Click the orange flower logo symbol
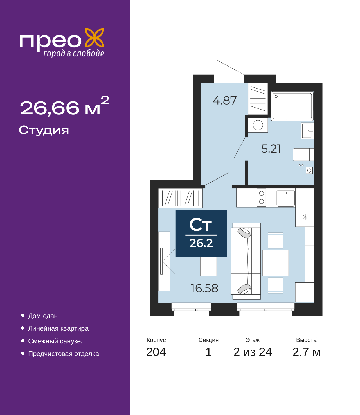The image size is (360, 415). pos(94,38)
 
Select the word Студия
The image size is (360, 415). pos(44,130)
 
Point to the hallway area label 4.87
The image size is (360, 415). pos(224,101)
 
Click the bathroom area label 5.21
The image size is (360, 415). pos(271,149)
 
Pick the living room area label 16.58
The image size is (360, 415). pos(204,288)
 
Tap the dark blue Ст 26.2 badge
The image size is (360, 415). pos(201,233)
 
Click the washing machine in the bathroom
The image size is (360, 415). pos(258,125)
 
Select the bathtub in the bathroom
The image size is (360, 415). pos(292,106)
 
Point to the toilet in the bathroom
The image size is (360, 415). pos(303,154)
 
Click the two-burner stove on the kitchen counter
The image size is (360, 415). pos(262,198)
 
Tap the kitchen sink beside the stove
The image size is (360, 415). pos(285,198)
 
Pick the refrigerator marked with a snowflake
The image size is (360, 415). pos(305,217)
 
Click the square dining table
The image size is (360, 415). pos(275,263)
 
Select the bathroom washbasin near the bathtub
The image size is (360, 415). pos(307,131)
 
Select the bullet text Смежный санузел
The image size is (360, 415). pos(56,341)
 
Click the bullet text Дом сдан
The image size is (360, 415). pos(43,316)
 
